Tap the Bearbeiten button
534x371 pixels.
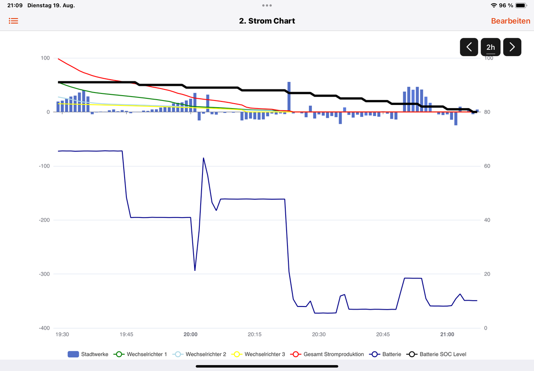[x=510, y=21]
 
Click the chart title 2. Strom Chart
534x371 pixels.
[x=267, y=21]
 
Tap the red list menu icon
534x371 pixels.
[x=13, y=21]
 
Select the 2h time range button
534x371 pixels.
[x=490, y=47]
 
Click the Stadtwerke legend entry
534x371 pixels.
[x=88, y=354]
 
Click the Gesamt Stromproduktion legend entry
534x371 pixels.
[x=328, y=354]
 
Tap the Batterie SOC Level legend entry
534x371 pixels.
[x=437, y=354]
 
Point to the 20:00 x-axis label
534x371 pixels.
[x=190, y=334]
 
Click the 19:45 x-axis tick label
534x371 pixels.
[x=126, y=334]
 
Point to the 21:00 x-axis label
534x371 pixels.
[x=447, y=334]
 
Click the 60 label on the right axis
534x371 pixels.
[x=487, y=166]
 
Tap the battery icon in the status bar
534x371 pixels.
[x=521, y=5]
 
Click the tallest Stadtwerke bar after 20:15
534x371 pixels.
[x=289, y=97]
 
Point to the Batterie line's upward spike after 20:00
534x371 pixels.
[x=203, y=158]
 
